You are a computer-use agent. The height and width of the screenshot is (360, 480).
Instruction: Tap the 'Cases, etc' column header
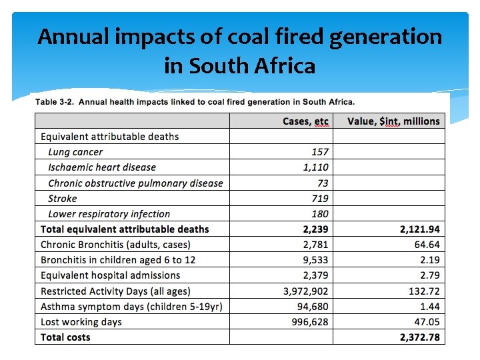[x=305, y=121]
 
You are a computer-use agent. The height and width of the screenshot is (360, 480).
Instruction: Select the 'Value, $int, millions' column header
[x=393, y=121]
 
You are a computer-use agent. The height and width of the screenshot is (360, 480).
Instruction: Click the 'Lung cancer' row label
[x=75, y=152]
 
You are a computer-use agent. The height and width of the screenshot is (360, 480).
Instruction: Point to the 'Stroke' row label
[x=63, y=199]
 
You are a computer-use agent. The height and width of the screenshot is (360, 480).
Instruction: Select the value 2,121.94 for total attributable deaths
[x=419, y=229]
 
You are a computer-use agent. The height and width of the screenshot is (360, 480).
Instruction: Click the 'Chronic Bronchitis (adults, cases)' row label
[x=115, y=245]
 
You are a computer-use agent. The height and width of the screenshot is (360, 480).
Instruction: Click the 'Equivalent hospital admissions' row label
[x=110, y=275]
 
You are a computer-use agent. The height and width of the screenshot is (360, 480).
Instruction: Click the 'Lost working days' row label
[x=81, y=322]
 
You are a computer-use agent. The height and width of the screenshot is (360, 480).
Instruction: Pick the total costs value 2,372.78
[x=419, y=337]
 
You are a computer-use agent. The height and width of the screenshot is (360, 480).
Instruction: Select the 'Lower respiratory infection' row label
[x=109, y=214]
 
